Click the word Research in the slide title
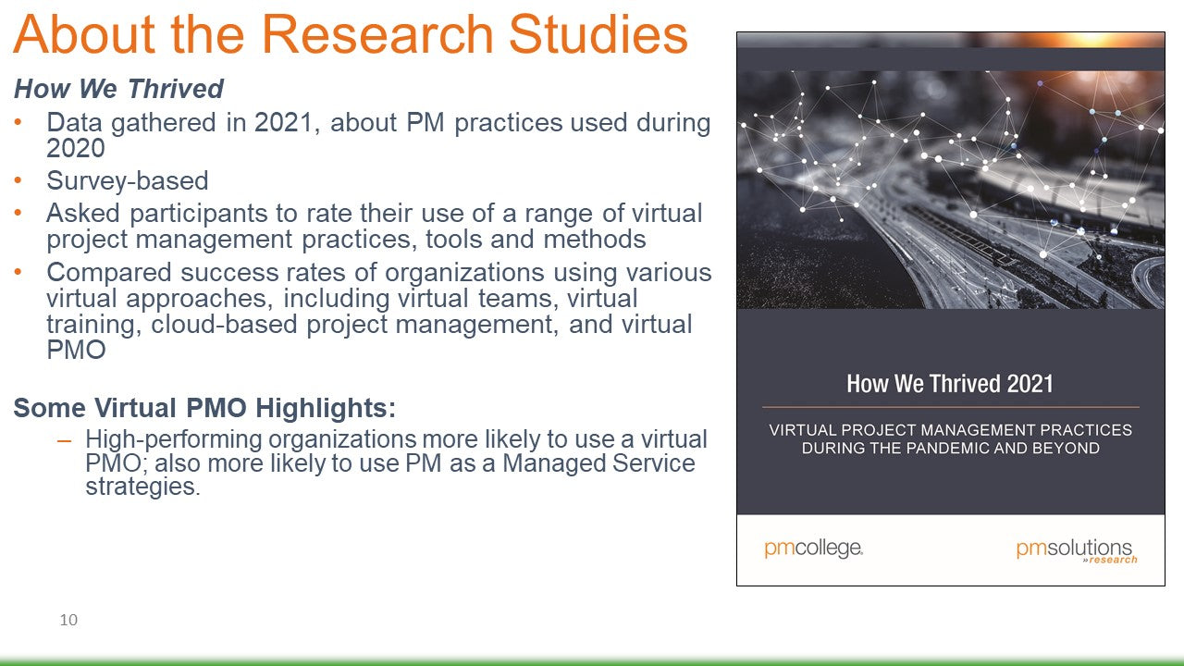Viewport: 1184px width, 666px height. click(x=377, y=34)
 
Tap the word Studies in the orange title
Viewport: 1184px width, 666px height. click(x=598, y=34)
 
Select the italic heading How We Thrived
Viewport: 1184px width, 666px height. click(x=119, y=88)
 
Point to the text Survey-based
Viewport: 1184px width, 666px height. click(x=128, y=180)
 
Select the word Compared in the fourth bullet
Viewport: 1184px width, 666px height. click(x=109, y=273)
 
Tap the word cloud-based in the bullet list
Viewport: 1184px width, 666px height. click(x=224, y=324)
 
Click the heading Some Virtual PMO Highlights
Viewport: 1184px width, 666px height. click(x=204, y=408)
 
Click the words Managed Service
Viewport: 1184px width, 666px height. click(x=598, y=463)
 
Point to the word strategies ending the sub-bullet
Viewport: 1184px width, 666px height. click(x=142, y=487)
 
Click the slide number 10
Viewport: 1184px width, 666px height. click(x=68, y=620)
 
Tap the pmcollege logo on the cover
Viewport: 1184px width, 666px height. click(x=814, y=549)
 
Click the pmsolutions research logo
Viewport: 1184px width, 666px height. click(x=1077, y=551)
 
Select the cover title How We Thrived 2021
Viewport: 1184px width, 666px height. click(x=950, y=384)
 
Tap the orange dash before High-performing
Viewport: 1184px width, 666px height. click(x=64, y=439)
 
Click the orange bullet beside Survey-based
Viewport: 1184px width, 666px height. click(x=18, y=180)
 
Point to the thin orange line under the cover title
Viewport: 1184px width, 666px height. click(x=950, y=408)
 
